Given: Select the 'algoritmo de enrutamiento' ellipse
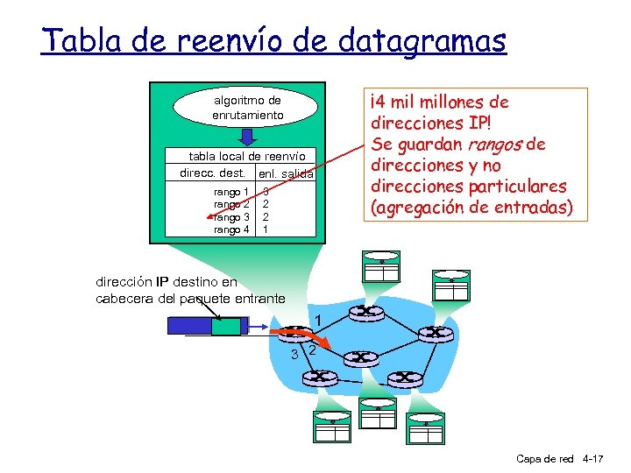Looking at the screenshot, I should [248, 108].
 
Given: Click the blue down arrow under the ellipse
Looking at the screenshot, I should [248, 138].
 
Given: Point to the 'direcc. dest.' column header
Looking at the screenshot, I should [212, 173].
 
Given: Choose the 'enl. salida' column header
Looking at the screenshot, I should [286, 175].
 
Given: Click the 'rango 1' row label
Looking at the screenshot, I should [232, 192].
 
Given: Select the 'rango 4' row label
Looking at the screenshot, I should [232, 229].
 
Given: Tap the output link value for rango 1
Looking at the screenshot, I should [265, 192].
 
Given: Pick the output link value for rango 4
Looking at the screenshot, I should [265, 229].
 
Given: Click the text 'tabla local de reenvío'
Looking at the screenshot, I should [247, 156].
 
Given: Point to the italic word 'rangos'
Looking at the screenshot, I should [496, 145].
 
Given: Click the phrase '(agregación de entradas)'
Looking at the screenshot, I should [471, 208].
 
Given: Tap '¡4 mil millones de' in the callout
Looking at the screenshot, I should [440, 102].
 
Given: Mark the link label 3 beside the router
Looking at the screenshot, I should [294, 354].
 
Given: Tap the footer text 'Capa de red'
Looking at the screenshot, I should [544, 459].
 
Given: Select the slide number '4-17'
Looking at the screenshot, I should [592, 459].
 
